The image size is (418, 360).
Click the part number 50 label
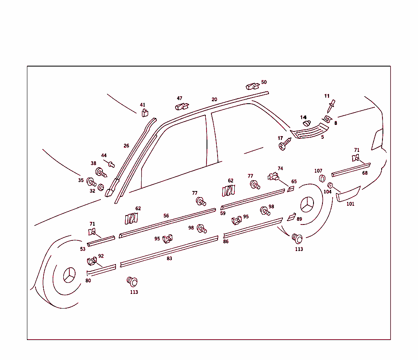tap(264, 82)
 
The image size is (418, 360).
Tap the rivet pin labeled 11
tap(331, 106)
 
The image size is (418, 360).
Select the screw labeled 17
tap(285, 144)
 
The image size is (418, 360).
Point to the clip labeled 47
tap(182, 106)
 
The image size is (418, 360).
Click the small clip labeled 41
tap(145, 113)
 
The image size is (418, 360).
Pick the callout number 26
tap(127, 146)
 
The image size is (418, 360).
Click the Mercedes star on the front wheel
tap(69, 275)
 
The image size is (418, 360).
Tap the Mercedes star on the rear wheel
tap(307, 204)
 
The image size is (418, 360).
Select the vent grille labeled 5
tap(309, 131)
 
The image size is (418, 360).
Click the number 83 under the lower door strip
tap(169, 258)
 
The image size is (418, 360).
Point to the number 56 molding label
tap(166, 216)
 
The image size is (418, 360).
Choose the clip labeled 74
tap(273, 176)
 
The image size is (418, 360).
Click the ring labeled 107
tap(322, 178)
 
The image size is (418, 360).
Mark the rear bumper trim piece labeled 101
tap(348, 194)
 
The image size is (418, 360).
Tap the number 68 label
tap(365, 173)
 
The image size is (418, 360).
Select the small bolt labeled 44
tap(111, 164)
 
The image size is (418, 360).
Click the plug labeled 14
tap(307, 123)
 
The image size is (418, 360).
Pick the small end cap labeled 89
tap(291, 217)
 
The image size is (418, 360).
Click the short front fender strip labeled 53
tap(101, 241)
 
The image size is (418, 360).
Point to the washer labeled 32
tap(101, 187)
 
